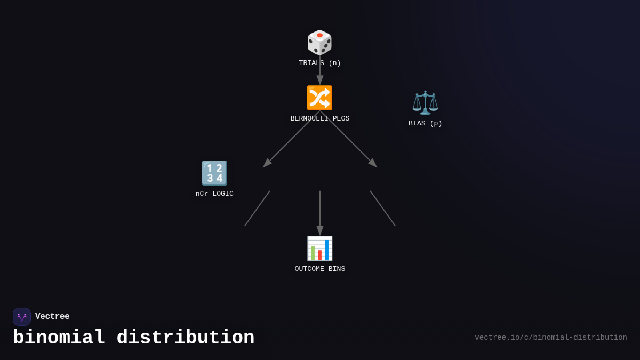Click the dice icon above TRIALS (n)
(319, 42)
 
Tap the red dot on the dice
(319, 35)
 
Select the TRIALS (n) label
(319, 63)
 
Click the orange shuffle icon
(319, 98)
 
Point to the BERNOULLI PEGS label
(319, 118)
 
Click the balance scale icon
(425, 102)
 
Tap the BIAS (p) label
(425, 123)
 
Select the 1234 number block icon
(214, 173)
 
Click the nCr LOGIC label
(214, 194)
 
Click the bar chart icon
(319, 249)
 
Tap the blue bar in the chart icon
(327, 250)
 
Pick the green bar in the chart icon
(313, 253)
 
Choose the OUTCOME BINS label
(319, 269)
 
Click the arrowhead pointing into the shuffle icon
(320, 80)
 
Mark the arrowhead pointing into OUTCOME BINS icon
(320, 230)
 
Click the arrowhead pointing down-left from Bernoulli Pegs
(267, 163)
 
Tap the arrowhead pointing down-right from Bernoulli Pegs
(373, 163)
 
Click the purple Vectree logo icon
(22, 317)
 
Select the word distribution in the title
(186, 338)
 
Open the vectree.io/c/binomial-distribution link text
(551, 338)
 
